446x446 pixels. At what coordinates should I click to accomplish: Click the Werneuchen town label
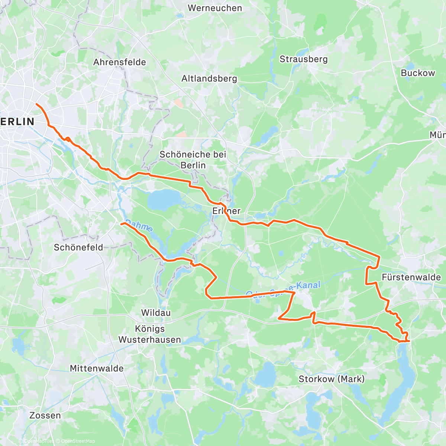[215, 8]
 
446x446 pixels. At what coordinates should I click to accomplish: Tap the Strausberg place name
[304, 59]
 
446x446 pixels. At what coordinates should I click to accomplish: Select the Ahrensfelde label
[119, 62]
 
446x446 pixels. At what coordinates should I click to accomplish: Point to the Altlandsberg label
[209, 79]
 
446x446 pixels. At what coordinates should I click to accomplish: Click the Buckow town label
[418, 73]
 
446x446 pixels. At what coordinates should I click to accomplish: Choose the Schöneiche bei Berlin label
[193, 159]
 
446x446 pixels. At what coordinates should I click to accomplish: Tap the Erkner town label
[226, 211]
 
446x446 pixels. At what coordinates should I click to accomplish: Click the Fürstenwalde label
[411, 277]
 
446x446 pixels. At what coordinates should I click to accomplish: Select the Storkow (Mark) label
[332, 379]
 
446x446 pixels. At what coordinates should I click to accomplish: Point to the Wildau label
[156, 313]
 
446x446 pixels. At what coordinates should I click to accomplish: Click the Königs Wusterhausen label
[150, 334]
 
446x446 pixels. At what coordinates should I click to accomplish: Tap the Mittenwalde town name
[97, 368]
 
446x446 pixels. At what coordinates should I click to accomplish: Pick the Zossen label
[45, 415]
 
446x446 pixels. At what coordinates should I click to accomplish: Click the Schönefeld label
[78, 247]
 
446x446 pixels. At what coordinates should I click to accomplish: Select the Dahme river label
[139, 226]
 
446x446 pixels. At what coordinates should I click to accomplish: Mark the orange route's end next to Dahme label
[122, 223]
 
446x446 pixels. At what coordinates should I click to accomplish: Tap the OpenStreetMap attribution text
[76, 441]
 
